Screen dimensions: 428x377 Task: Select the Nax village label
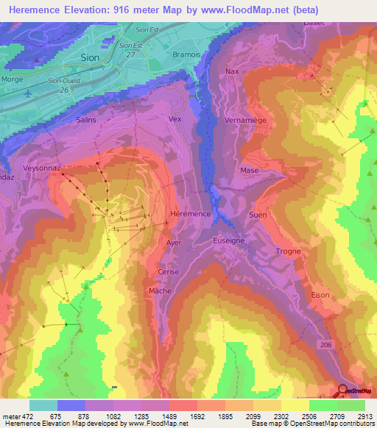click(232, 71)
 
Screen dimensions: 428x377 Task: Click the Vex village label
click(175, 118)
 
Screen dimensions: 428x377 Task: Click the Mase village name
click(249, 170)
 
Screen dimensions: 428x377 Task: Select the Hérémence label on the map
click(191, 213)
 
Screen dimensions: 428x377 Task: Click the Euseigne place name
click(228, 240)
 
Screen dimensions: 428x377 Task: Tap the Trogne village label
click(288, 252)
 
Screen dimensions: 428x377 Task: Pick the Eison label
click(320, 295)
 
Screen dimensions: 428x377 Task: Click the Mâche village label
click(160, 290)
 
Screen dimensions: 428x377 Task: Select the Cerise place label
click(169, 271)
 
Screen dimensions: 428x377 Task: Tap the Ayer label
click(174, 242)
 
